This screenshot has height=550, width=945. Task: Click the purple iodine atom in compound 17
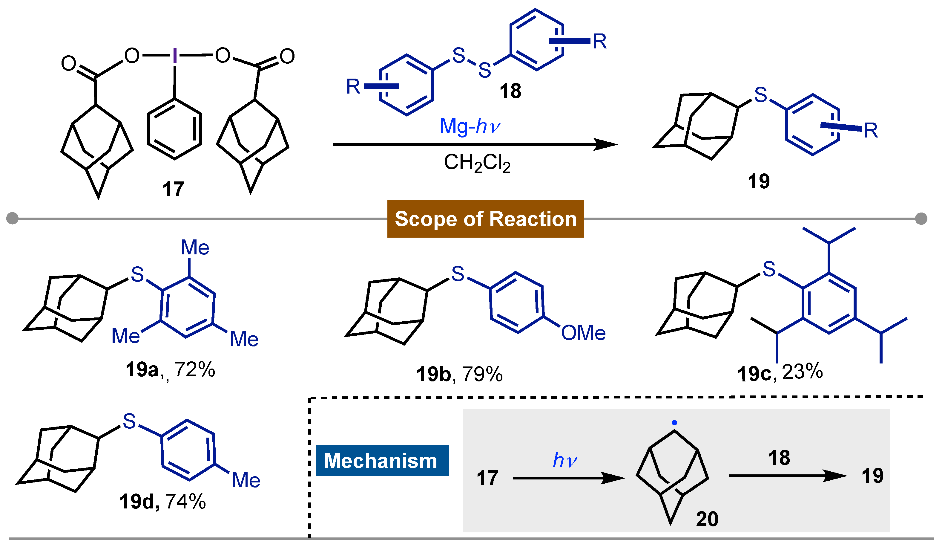[x=175, y=56]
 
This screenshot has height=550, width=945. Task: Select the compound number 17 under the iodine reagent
[x=173, y=189]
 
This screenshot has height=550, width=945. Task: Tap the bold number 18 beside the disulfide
[x=510, y=91]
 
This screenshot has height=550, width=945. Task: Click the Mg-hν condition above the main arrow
[x=470, y=126]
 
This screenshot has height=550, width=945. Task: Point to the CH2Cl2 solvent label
[x=477, y=163]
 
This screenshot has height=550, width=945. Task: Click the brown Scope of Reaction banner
[x=485, y=219]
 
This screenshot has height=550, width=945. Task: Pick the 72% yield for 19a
[x=195, y=370]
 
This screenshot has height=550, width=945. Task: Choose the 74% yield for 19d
[x=185, y=502]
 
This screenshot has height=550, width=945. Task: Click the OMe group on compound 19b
[x=583, y=333]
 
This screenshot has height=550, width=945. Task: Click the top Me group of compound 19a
[x=195, y=247]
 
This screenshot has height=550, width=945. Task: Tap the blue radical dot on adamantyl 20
[x=674, y=423]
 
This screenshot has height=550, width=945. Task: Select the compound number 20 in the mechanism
[x=707, y=519]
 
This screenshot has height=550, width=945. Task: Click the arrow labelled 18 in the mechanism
[x=788, y=476]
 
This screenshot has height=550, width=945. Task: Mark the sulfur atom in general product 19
[x=760, y=95]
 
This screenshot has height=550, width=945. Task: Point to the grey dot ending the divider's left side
[x=12, y=219]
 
